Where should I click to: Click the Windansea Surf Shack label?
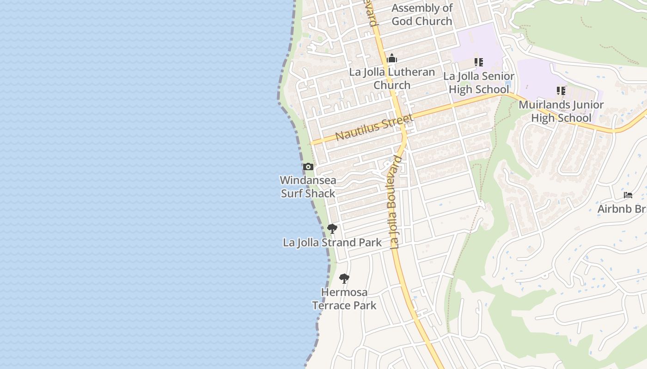[308, 187]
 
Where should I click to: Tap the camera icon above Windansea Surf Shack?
[308, 167]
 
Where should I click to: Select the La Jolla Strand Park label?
[332, 243]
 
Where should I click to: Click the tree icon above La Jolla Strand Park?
[332, 228]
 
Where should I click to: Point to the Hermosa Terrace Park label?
[344, 299]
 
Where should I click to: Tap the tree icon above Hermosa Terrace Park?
[344, 279]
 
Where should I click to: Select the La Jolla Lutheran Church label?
[392, 78]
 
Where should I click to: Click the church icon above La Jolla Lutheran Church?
[392, 59]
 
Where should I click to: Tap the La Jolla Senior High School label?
[479, 83]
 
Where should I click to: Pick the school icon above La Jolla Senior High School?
[479, 62]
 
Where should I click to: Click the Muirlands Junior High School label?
[561, 111]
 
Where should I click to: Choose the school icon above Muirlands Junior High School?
[561, 90]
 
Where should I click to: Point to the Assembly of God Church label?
[422, 14]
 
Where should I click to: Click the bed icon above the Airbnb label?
[628, 195]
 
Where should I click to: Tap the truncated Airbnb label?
[622, 209]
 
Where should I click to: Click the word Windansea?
[308, 180]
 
